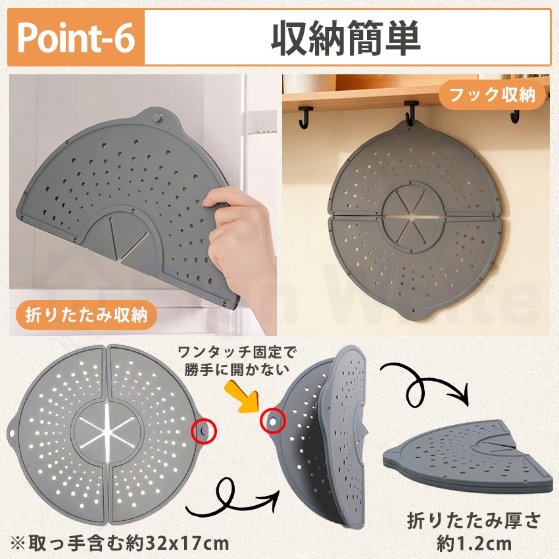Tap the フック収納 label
(x=502, y=97)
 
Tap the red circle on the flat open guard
(x=202, y=431)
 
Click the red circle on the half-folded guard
(x=272, y=418)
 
